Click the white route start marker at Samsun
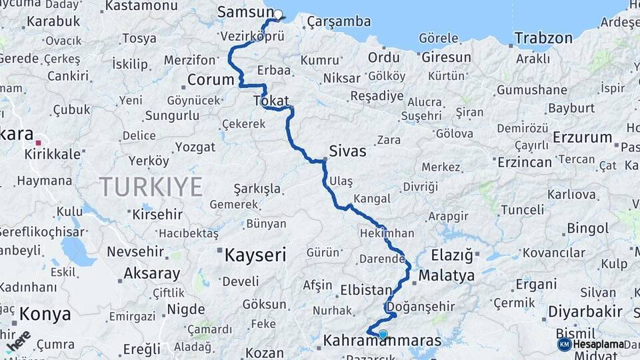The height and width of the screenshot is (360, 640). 277,13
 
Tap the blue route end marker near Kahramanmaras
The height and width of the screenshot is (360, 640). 383,335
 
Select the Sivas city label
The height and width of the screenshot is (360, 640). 347,151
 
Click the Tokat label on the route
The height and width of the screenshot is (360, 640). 271,101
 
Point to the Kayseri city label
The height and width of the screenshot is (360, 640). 255,255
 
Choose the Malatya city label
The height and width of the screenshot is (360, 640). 447,275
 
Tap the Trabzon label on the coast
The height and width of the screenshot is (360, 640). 543,38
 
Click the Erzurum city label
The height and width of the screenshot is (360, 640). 582,138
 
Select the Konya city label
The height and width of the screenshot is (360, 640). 45,313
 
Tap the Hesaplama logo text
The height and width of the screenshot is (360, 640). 598,344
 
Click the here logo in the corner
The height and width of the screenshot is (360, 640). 19,340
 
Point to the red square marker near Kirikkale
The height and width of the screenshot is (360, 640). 38,143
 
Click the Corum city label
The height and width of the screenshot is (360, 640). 210,80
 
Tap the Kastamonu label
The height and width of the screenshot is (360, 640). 141,6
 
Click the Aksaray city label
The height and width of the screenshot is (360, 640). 151,273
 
